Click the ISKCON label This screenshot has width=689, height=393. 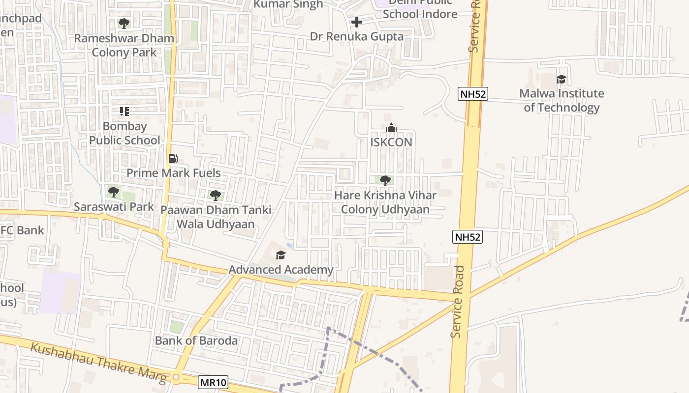[391, 142]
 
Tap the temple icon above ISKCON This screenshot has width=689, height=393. [391, 128]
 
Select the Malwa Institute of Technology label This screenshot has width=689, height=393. [562, 100]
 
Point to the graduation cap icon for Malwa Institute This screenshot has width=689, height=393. [561, 79]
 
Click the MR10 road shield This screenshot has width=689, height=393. [213, 382]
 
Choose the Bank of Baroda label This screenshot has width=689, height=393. [196, 340]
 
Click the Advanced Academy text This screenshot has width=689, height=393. [281, 270]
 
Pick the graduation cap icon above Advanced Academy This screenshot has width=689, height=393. [281, 254]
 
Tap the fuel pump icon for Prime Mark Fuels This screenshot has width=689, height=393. [173, 159]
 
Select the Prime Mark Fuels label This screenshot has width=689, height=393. [174, 173]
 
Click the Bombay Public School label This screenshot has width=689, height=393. [125, 133]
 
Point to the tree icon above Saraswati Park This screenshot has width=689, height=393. [114, 192]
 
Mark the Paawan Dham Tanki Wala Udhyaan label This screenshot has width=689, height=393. [216, 217]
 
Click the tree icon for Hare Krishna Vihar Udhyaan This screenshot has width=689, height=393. [385, 180]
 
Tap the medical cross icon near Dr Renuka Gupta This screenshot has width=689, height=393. [357, 22]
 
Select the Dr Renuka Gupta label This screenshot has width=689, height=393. [357, 36]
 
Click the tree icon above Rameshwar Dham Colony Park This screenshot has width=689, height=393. [124, 23]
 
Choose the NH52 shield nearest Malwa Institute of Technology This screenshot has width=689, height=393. [473, 94]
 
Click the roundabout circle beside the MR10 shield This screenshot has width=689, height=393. [176, 377]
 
